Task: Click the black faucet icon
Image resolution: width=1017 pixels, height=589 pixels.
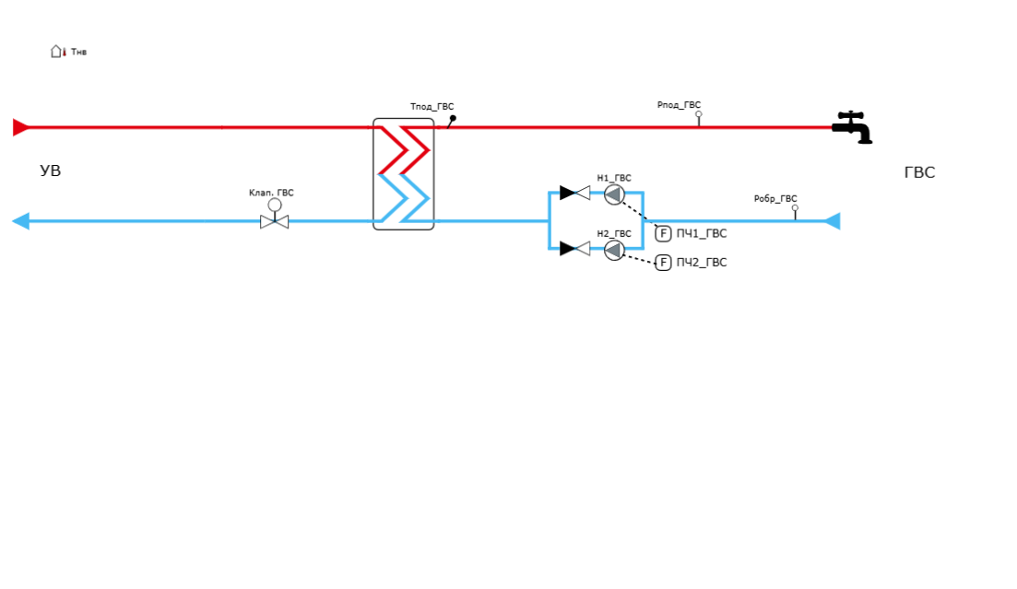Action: tap(855, 130)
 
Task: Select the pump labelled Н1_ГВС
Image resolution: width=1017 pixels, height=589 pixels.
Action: tap(614, 194)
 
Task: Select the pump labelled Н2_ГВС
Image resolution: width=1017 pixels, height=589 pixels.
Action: tap(614, 249)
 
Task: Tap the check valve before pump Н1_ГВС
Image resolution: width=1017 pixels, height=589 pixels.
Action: tap(574, 194)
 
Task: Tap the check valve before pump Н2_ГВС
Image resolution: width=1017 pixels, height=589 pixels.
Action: tap(574, 248)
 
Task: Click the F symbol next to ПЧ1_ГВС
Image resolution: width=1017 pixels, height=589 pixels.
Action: tap(663, 233)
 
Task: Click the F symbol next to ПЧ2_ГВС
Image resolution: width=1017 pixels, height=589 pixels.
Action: tap(663, 263)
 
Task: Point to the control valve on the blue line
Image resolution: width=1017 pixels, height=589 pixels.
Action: tap(275, 220)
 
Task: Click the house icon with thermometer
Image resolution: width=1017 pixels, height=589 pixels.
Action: tap(57, 52)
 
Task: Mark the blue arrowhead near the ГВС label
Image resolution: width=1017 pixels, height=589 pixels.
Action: tap(831, 221)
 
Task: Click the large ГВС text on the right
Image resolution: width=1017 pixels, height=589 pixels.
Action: tap(919, 172)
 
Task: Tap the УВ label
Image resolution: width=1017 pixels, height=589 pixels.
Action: tap(51, 171)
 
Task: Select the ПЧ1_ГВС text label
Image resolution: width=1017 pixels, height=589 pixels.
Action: tap(702, 234)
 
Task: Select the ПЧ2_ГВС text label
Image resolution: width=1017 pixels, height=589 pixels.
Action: tap(702, 263)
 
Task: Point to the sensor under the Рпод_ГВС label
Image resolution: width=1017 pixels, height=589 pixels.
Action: tap(698, 117)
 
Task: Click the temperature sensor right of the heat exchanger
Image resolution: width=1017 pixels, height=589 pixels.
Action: tap(452, 119)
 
